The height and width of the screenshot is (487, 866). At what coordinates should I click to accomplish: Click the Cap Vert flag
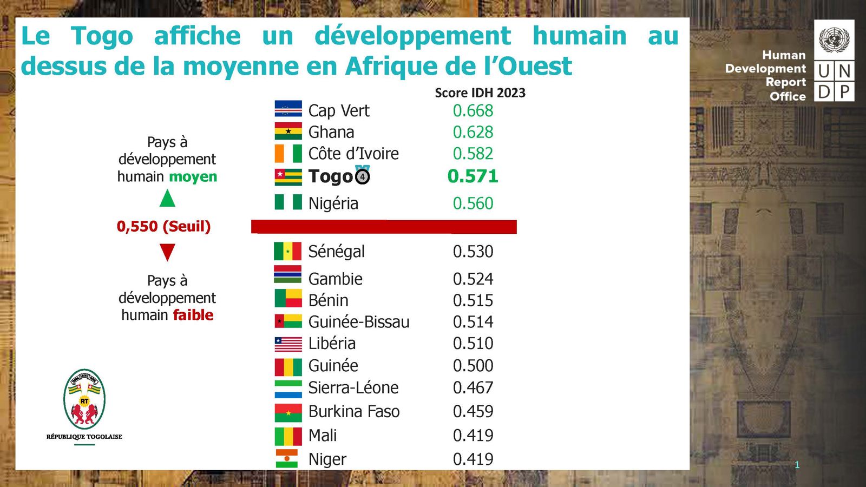[288, 109]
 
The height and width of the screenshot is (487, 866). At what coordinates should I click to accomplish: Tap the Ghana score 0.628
[473, 132]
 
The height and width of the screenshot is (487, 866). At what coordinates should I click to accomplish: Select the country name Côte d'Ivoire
[353, 154]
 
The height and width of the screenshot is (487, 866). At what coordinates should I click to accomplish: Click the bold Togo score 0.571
[473, 176]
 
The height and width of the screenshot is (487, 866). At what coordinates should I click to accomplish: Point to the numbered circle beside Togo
[363, 176]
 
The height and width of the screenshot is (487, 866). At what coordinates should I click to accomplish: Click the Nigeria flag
[288, 202]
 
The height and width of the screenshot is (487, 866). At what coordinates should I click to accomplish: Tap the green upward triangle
[167, 199]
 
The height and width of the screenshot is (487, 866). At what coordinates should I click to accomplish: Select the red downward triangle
[167, 252]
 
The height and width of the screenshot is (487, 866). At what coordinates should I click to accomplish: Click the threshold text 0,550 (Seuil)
[163, 226]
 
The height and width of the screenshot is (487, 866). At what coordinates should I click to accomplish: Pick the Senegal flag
[288, 251]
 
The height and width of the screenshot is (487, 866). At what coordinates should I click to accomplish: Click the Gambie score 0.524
[473, 279]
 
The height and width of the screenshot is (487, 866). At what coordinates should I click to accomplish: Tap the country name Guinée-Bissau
[359, 322]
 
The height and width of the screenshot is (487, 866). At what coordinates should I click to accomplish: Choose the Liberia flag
[288, 344]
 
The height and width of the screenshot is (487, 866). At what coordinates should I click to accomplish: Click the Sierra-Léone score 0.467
[473, 387]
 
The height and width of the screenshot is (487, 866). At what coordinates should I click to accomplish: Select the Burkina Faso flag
[288, 412]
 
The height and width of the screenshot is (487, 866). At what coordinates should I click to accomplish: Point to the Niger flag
[287, 458]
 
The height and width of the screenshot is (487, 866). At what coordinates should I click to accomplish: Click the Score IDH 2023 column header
[480, 93]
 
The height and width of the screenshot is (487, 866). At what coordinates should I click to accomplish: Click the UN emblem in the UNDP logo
[834, 40]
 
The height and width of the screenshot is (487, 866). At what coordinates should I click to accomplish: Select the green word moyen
[193, 176]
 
